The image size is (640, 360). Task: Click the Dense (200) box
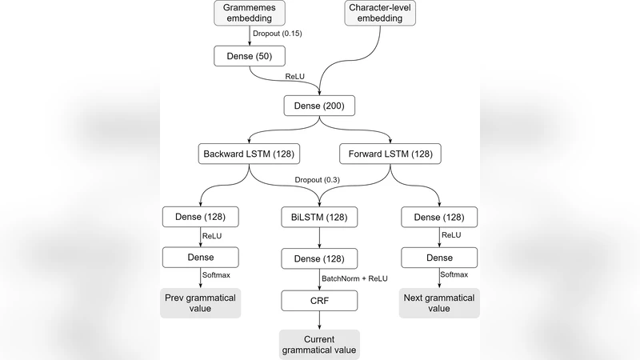320,106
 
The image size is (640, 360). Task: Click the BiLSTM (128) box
320,217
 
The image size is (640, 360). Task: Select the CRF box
320,300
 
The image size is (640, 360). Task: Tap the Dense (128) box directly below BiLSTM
320,258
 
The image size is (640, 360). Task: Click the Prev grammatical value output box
200,303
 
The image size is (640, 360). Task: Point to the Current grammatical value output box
320,345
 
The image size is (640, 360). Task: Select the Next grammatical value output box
439,303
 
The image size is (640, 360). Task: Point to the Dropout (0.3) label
318,180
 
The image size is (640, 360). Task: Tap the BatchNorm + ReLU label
355,279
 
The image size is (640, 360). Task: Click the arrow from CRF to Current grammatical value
320,320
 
